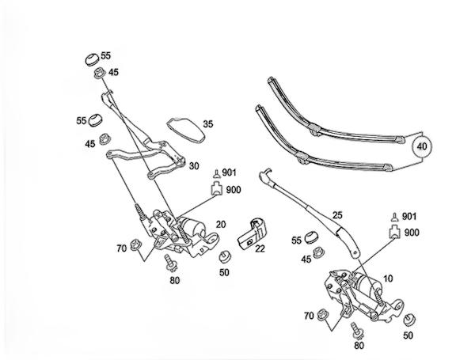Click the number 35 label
208,124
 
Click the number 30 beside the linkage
193,165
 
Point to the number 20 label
220,225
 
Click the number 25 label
337,215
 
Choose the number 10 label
388,279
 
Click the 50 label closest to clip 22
225,273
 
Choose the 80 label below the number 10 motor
359,346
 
